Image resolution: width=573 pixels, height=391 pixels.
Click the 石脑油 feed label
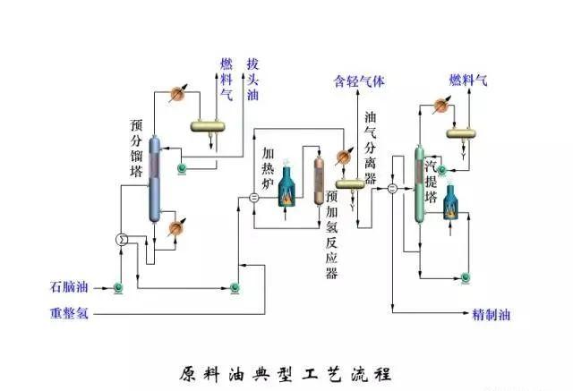coord(70,287)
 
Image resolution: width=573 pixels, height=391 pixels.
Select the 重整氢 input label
coord(70,314)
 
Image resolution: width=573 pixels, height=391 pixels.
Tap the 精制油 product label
coord(492,315)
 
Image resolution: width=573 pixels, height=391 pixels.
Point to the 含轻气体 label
coord(359,81)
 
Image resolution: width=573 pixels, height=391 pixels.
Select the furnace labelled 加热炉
coord(286,189)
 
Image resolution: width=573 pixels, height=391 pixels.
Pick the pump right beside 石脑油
coord(117,287)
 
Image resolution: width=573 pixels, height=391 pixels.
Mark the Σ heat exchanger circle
coord(123,239)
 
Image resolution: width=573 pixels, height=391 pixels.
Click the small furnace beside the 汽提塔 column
coord(449,202)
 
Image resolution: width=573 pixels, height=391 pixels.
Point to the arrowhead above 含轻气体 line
coord(359,93)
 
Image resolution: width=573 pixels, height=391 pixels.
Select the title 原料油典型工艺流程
coord(286,372)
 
